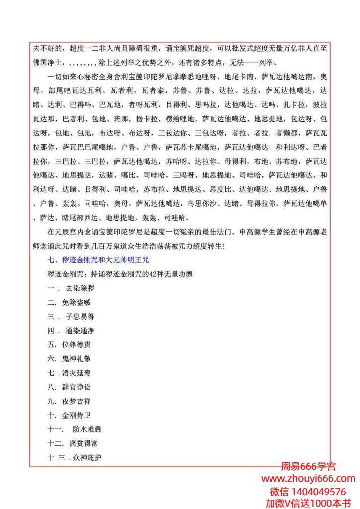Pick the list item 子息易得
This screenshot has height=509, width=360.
[x=72, y=316]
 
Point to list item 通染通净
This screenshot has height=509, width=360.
[x=72, y=330]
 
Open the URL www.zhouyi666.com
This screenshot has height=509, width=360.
[x=308, y=479]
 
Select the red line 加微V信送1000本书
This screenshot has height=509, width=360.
[x=308, y=503]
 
